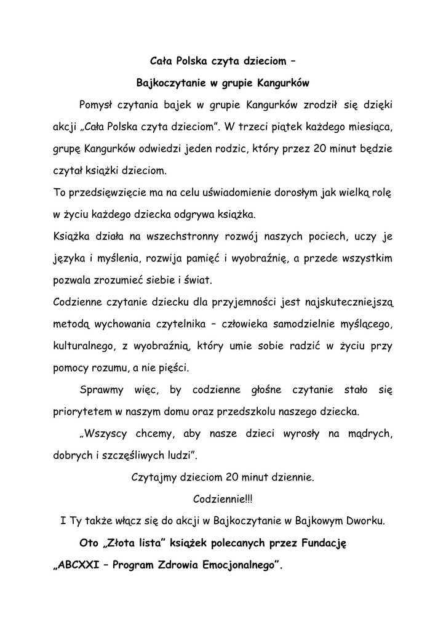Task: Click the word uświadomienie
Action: [239, 193]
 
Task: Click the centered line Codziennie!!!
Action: [223, 498]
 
